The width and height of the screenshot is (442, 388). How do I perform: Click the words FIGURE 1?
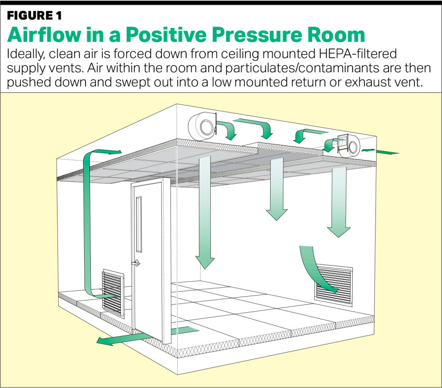(34, 16)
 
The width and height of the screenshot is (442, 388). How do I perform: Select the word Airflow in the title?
(44, 35)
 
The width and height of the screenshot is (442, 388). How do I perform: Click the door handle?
(137, 263)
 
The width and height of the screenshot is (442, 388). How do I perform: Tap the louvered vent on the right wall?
(333, 285)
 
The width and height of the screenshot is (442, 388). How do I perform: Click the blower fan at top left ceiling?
(203, 126)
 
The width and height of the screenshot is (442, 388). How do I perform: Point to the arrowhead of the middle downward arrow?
(276, 215)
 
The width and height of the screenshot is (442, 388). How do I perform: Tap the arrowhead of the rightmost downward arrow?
(338, 232)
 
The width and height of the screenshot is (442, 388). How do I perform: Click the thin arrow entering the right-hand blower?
(380, 152)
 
